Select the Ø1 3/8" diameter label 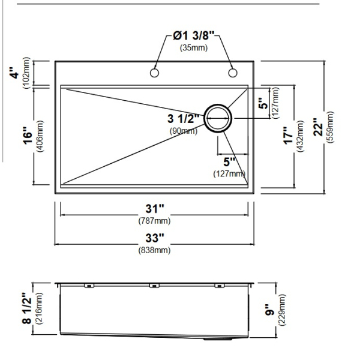click(x=194, y=35)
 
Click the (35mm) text click(x=194, y=48)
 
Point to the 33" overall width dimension click(x=155, y=238)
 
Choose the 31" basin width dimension click(x=155, y=209)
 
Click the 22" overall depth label click(x=318, y=127)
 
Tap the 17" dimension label click(x=289, y=136)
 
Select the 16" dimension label click(x=28, y=136)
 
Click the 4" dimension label click(x=15, y=73)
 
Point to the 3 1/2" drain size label click(x=183, y=119)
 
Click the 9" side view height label click(x=270, y=310)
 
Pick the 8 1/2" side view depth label click(x=26, y=308)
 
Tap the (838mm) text click(x=155, y=250)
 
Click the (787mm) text click(x=155, y=221)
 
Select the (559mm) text click(x=331, y=127)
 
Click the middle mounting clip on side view click(x=154, y=286)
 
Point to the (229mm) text click(x=282, y=310)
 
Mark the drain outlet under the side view click(x=218, y=338)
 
